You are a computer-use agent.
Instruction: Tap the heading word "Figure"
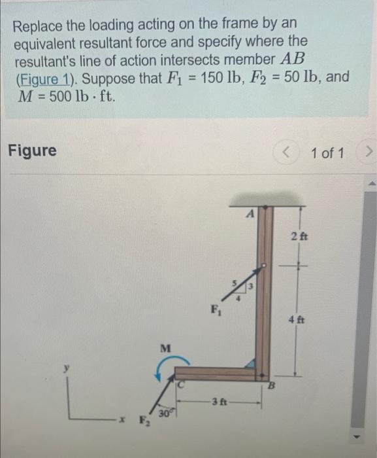coord(32,151)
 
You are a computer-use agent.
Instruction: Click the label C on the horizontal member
coord(184,385)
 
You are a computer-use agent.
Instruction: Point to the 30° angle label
coord(161,413)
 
